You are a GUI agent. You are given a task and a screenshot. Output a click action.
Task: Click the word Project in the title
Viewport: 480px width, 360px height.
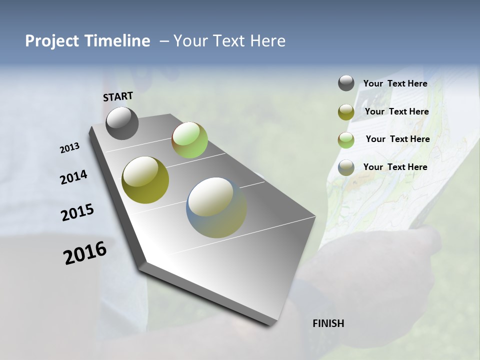(51, 41)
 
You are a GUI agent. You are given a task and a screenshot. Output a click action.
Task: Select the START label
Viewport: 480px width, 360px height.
(118, 96)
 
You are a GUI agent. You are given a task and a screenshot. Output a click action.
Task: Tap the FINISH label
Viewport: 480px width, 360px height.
(328, 323)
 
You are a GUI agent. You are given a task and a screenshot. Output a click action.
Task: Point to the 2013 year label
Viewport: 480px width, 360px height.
(69, 148)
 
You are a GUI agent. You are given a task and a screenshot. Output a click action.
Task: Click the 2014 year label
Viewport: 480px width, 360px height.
(73, 177)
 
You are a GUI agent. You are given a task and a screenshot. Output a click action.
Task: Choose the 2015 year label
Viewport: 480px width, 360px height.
(77, 212)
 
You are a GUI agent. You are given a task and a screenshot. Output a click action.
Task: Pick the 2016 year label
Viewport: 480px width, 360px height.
(85, 253)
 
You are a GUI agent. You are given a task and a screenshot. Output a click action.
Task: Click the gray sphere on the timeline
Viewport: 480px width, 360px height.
(122, 123)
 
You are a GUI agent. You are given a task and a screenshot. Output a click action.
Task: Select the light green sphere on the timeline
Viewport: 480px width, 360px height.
(189, 140)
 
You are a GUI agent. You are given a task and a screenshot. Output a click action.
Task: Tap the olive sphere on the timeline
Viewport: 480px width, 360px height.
(145, 180)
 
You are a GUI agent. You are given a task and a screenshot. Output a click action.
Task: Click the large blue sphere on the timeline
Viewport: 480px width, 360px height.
(216, 207)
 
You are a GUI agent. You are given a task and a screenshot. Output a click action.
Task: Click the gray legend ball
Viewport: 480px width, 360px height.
(346, 83)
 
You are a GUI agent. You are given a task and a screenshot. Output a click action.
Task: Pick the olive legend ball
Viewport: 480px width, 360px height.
(346, 112)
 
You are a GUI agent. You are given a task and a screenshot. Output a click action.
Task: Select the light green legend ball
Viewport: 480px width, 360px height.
(346, 140)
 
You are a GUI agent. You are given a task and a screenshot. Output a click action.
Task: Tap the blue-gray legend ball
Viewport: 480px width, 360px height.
(346, 168)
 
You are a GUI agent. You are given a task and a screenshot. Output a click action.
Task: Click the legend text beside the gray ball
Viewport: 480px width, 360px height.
(395, 83)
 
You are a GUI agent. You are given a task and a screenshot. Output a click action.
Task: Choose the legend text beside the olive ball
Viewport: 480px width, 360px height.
(396, 111)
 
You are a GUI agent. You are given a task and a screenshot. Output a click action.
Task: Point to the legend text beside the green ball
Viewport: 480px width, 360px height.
(397, 139)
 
